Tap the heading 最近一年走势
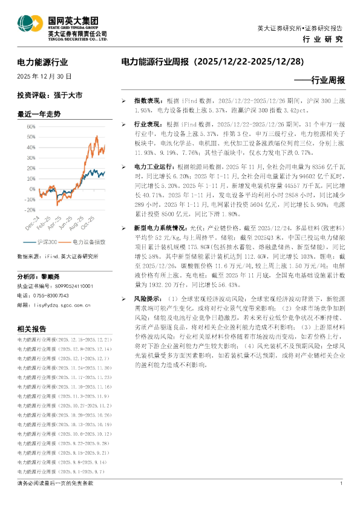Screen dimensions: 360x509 pos(39,113)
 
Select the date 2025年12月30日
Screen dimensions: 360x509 pos(44,77)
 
